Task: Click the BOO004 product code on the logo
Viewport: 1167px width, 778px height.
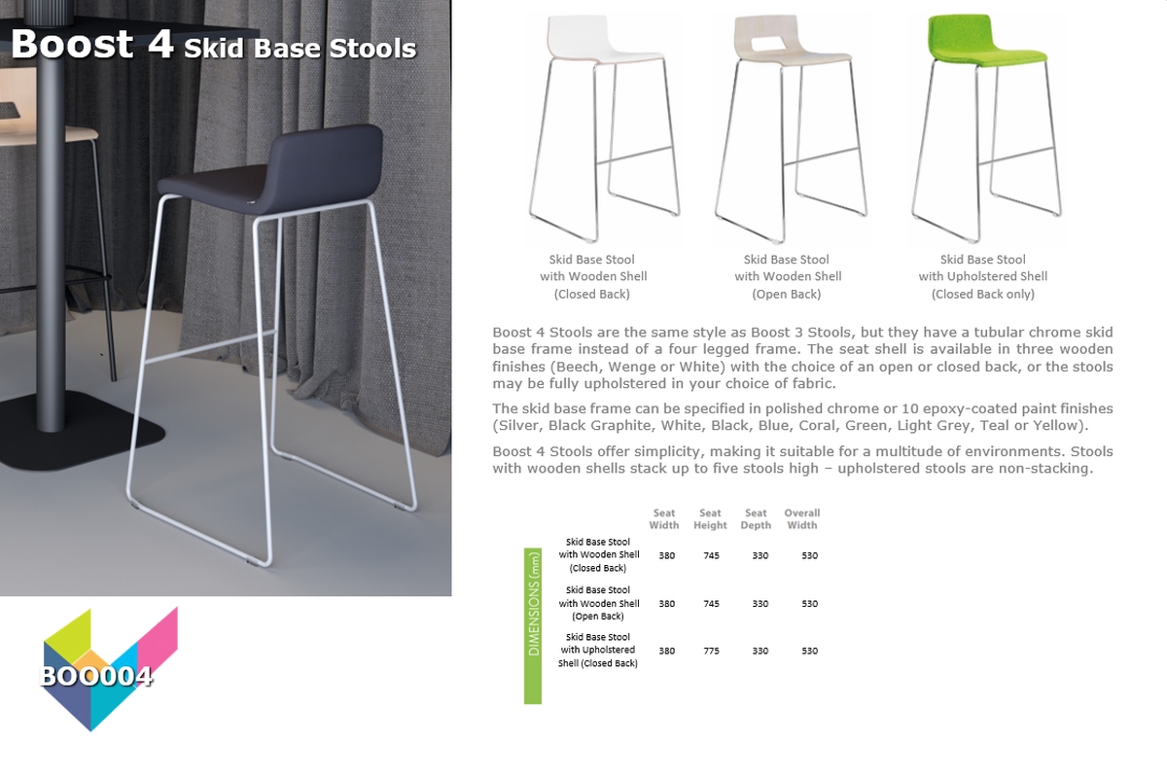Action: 96,677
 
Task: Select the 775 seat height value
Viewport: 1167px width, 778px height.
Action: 711,651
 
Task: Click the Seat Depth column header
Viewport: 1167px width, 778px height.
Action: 756,519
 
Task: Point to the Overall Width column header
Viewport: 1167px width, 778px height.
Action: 802,519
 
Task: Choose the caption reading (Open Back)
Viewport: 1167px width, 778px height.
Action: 786,295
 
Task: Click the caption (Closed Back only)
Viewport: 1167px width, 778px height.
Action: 983,295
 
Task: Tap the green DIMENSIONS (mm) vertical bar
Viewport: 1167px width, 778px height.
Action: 533,626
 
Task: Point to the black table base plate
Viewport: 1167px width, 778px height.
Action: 78,433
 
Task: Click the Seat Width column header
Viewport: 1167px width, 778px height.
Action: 664,519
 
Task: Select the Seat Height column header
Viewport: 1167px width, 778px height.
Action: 710,519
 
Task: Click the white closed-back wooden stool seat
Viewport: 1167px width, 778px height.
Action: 604,40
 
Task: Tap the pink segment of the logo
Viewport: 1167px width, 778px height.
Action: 158,637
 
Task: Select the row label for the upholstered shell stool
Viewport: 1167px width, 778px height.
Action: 598,651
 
